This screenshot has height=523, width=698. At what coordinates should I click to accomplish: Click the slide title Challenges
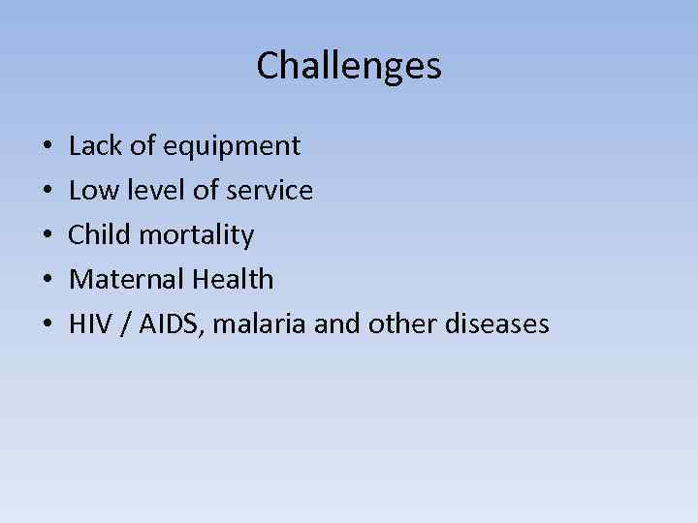tap(349, 66)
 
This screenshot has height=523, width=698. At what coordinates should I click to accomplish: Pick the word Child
tap(99, 235)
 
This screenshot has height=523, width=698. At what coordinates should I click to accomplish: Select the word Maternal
tap(127, 280)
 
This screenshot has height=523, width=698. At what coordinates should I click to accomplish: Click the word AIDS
tap(172, 324)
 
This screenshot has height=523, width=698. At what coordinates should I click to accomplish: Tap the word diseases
tap(495, 324)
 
